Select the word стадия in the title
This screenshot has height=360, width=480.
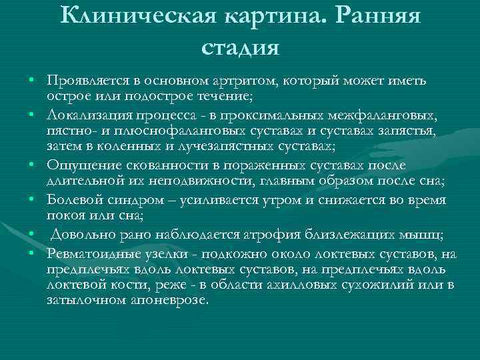(240, 47)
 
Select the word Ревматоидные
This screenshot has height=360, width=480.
(89, 254)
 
